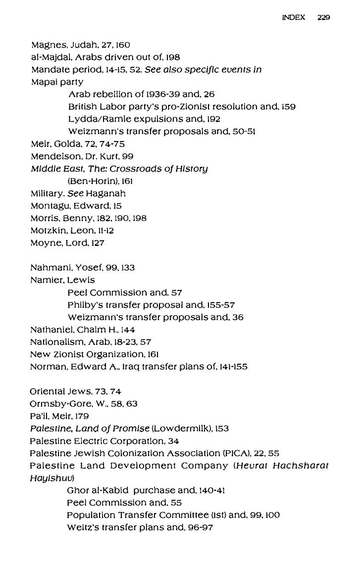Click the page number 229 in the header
tap(324, 17)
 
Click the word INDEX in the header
tap(294, 17)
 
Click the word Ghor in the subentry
tap(76, 490)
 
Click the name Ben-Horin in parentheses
tap(89, 181)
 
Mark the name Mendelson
tap(53, 156)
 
